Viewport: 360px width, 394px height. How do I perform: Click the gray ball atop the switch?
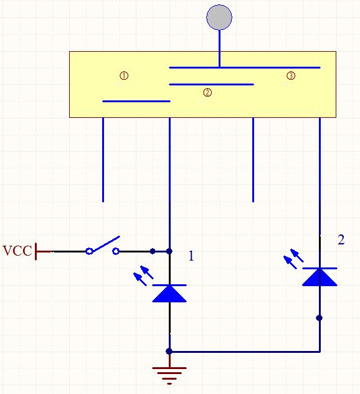(x=219, y=17)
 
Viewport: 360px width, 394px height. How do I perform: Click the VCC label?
(x=17, y=251)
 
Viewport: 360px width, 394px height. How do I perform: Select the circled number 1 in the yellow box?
(x=124, y=75)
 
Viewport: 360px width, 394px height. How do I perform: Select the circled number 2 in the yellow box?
(x=207, y=93)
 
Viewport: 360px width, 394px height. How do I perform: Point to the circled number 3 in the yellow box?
(x=291, y=75)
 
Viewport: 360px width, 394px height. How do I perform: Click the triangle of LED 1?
(x=169, y=294)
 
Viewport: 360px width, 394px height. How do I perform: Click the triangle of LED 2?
(x=320, y=277)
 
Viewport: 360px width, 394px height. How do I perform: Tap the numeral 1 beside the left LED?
(x=191, y=256)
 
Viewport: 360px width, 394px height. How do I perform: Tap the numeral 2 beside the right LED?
(x=341, y=240)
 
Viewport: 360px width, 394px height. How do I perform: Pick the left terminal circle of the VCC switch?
(x=89, y=251)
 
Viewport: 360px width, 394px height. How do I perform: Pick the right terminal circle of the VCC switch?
(x=116, y=251)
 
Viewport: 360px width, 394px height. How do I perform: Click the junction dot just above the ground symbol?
(x=169, y=351)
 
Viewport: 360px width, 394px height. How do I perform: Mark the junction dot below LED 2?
(x=319, y=318)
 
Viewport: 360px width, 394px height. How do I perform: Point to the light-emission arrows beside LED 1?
(x=143, y=276)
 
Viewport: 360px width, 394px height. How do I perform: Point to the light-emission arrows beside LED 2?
(x=293, y=259)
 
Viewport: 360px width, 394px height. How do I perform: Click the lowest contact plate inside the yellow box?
(x=136, y=101)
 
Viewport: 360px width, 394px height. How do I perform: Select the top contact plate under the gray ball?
(x=245, y=67)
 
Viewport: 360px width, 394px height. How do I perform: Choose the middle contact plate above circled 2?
(x=211, y=84)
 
